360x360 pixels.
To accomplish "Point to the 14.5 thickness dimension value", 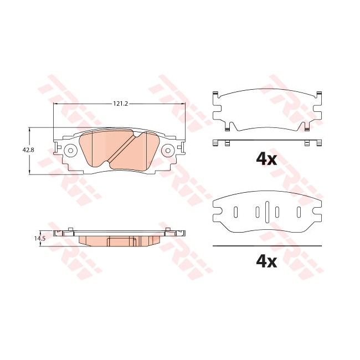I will click(x=39, y=238).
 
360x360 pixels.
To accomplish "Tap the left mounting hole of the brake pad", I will click(x=70, y=150).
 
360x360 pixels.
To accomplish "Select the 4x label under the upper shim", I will click(x=266, y=159).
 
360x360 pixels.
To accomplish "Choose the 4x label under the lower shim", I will click(x=266, y=261).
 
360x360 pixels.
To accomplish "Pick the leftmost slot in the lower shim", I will click(x=235, y=212).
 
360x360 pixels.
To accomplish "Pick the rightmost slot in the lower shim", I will click(x=299, y=212).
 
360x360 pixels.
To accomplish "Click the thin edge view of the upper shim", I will click(x=267, y=142).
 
